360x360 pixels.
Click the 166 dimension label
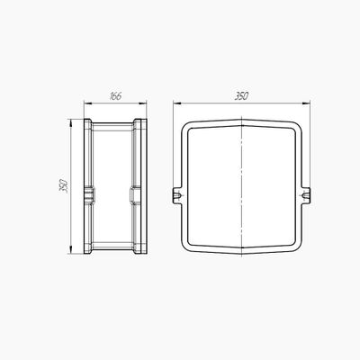115,96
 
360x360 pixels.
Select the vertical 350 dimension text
64,186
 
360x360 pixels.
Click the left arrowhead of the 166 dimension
87,103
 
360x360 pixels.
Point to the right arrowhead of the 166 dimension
143,103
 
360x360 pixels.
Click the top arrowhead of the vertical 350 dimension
71,122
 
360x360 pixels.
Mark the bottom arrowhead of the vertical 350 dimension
71,250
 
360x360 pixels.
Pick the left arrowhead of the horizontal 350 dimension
177,103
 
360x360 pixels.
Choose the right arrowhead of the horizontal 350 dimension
306,103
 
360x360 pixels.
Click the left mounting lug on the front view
177,195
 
